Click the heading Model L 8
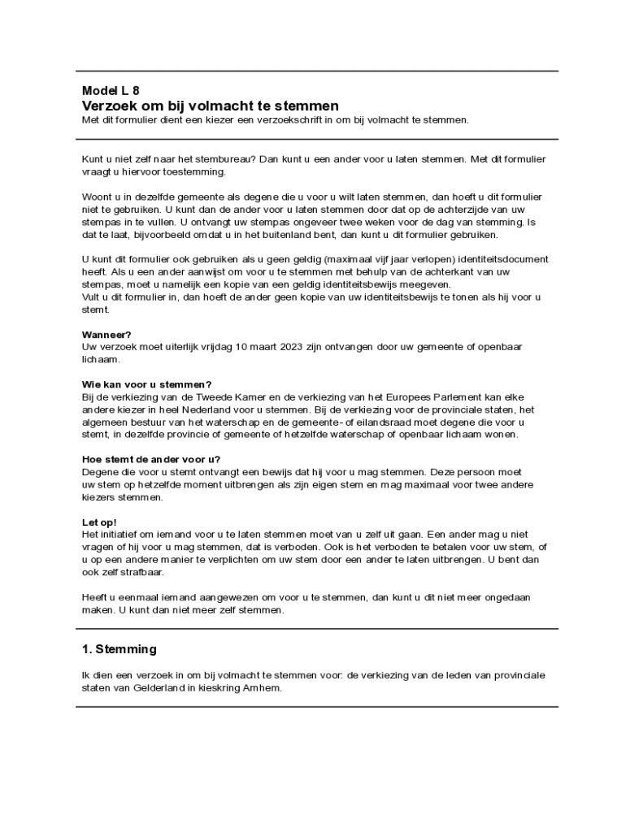[105, 91]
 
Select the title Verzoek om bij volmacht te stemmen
[211, 106]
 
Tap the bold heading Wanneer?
[107, 334]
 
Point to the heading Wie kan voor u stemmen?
[147, 384]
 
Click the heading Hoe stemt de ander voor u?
[151, 459]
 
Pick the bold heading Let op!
[99, 522]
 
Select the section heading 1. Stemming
[120, 650]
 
